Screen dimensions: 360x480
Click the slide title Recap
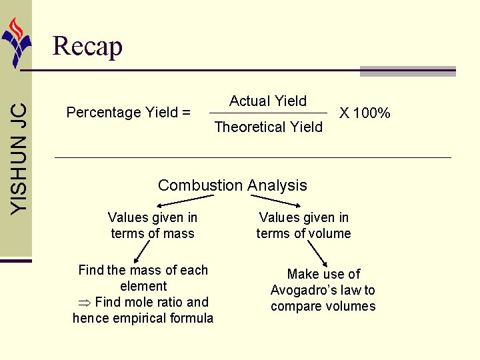[x=87, y=47]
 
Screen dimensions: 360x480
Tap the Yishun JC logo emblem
[x=16, y=41]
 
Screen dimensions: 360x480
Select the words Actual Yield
[x=268, y=101]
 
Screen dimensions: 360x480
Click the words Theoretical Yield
[x=268, y=127]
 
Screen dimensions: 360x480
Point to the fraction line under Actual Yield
[x=268, y=113]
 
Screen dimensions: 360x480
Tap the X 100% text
[x=365, y=113]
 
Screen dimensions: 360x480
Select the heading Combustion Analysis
[x=233, y=185]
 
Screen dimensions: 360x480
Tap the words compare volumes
[x=323, y=306]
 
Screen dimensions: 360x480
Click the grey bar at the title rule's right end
[x=407, y=71]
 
